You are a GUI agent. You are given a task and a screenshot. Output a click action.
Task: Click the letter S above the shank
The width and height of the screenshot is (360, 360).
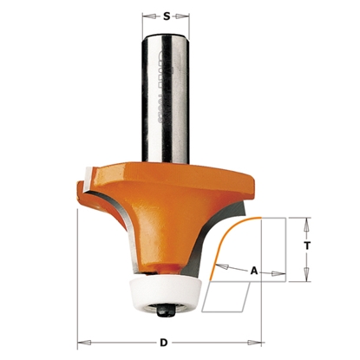click(167, 14)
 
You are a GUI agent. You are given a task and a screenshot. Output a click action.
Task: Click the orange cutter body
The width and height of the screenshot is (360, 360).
click(173, 208)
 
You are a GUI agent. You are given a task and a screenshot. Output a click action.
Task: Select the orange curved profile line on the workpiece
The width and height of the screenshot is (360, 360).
click(230, 232)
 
